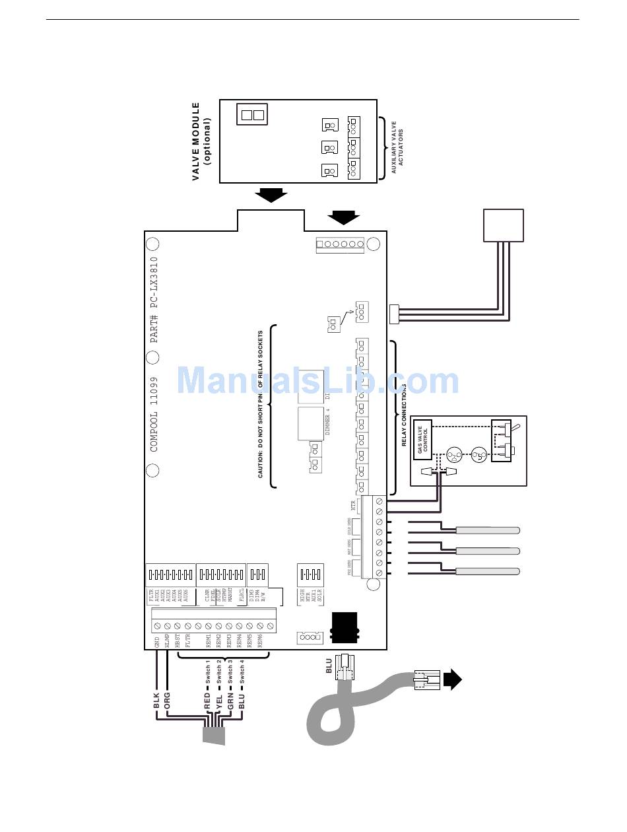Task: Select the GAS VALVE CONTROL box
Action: [x=422, y=440]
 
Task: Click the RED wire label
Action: [x=207, y=701]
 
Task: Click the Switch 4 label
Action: [x=242, y=674]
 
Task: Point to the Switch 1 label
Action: [x=207, y=674]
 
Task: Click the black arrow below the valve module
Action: [x=271, y=195]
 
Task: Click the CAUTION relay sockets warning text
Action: [x=261, y=404]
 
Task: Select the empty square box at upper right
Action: [x=504, y=226]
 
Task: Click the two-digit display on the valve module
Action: [x=251, y=114]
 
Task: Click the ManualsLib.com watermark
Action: [x=318, y=381]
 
